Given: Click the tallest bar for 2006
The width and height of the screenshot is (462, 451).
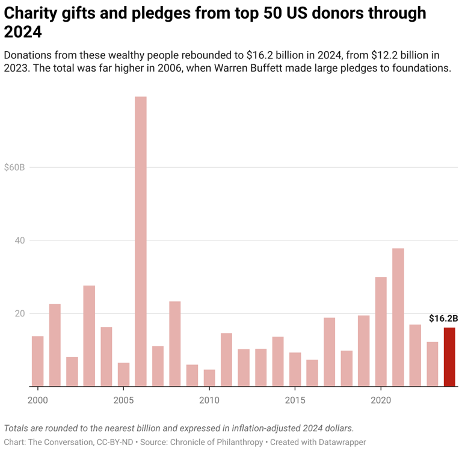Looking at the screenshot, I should (140, 241).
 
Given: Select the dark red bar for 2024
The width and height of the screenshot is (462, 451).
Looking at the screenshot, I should (449, 357).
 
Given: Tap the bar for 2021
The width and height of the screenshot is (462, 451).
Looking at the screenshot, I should (398, 317).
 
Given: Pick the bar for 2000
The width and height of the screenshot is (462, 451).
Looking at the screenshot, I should (37, 361).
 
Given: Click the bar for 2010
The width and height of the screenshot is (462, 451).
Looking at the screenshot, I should (209, 378).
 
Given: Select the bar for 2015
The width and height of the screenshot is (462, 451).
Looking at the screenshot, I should (295, 369).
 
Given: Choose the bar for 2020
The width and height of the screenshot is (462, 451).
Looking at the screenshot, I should (381, 331).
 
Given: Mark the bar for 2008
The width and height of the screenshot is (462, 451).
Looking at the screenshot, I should (174, 343).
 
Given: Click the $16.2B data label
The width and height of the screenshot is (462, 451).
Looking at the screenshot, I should (443, 319).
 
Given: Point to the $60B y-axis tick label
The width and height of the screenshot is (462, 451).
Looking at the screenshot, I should (14, 167).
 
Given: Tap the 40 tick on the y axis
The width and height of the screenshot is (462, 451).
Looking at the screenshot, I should (20, 241).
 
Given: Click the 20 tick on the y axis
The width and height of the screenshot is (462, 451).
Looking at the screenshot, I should (20, 313).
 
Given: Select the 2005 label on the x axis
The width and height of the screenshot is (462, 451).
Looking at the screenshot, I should (123, 400).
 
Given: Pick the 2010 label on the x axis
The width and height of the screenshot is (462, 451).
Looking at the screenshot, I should (209, 400).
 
